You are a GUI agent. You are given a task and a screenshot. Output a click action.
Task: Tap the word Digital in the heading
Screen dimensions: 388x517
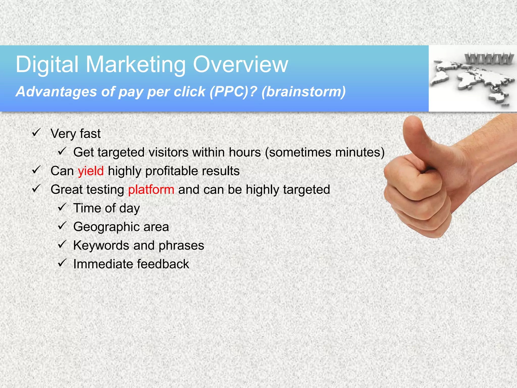pyautogui.click(x=47, y=65)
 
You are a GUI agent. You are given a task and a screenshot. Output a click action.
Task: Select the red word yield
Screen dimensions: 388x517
pyautogui.click(x=91, y=171)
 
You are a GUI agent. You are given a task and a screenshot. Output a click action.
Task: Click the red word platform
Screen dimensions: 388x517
pyautogui.click(x=151, y=190)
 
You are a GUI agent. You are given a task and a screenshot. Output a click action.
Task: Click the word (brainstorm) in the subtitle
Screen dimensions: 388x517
pyautogui.click(x=303, y=91)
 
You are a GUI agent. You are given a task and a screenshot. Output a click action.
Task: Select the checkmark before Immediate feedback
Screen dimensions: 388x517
pyautogui.click(x=62, y=263)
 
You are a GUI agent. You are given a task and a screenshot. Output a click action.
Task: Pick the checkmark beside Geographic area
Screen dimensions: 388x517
pyautogui.click(x=62, y=226)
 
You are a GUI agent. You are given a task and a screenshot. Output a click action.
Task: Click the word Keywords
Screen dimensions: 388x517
pyautogui.click(x=101, y=246)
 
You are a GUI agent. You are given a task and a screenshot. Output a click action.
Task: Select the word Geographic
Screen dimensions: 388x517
pyautogui.click(x=107, y=227)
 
